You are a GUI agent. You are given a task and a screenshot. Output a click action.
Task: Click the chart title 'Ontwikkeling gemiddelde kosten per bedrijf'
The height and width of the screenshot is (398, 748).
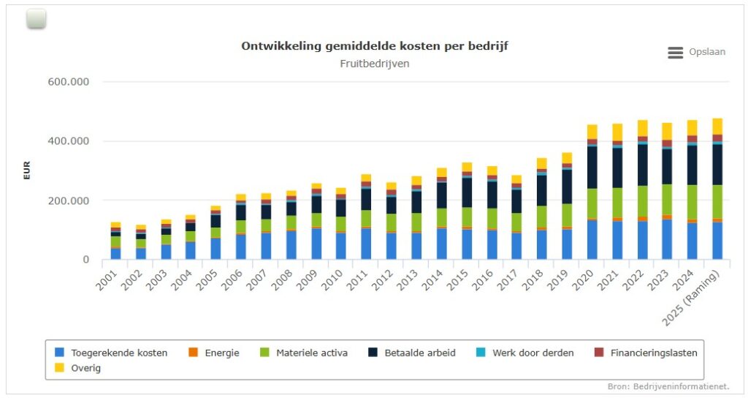pos(374,46)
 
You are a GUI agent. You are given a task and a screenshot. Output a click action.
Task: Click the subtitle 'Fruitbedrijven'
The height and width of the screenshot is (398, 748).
pos(374,64)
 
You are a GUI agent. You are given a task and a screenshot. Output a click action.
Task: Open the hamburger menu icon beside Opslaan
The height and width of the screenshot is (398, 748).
pos(675,53)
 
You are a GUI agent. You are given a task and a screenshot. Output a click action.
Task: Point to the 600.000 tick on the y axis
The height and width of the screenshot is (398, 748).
pos(68,82)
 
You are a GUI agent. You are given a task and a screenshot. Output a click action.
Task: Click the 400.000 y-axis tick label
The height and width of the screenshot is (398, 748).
pos(68,141)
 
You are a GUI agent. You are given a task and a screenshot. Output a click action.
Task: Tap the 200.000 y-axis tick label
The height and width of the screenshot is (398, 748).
pos(68,200)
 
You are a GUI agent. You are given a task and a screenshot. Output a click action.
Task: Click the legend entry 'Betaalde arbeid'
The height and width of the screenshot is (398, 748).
pos(419,353)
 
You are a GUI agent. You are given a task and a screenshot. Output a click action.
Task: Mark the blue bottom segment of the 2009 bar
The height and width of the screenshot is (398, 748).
pos(316,244)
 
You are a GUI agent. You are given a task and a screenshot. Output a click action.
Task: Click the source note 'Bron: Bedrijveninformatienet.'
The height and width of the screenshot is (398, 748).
pos(668,386)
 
